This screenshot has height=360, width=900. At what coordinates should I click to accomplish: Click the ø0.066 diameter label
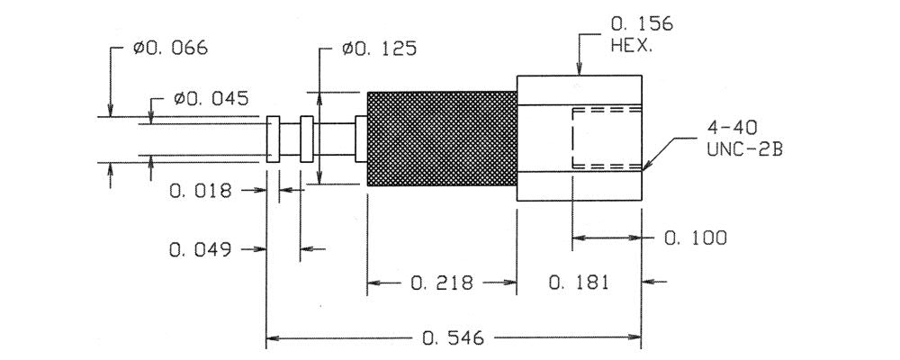[170, 49]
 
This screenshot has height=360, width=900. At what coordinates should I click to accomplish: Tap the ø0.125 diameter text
[379, 49]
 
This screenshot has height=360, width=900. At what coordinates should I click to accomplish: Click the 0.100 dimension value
[695, 238]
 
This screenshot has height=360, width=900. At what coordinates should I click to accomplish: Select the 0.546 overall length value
[453, 338]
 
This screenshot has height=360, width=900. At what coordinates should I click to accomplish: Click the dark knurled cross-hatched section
[441, 139]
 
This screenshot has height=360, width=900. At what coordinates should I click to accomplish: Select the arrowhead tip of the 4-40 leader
[644, 168]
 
